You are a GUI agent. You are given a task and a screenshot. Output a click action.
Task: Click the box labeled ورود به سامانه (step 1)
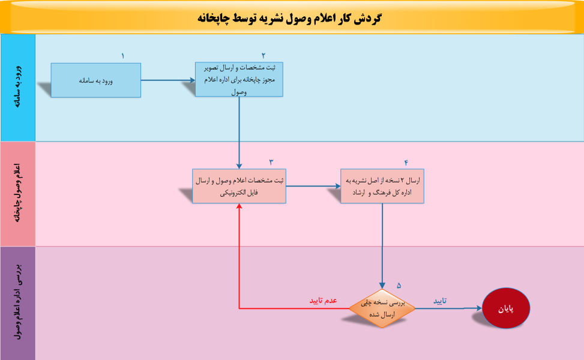tap(95, 80)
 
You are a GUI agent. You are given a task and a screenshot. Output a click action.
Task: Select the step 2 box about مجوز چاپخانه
tap(239, 79)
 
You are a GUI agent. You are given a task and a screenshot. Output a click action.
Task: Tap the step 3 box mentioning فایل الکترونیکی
tap(239, 186)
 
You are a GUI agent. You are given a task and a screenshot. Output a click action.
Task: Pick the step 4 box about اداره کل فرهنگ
tap(382, 186)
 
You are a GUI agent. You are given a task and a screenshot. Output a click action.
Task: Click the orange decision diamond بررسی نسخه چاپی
tap(382, 308)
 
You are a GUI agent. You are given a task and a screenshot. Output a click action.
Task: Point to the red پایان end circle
tap(506, 308)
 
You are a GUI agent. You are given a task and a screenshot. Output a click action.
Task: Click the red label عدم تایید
tap(323, 301)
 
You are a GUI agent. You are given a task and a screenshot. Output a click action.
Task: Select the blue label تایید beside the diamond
tap(440, 301)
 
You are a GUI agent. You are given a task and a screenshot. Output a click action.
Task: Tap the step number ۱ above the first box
tap(122, 56)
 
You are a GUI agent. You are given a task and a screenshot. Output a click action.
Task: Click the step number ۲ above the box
tap(263, 55)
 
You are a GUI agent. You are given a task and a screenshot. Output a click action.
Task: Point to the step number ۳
tap(271, 162)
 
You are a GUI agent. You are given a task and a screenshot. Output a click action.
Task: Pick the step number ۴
tap(406, 163)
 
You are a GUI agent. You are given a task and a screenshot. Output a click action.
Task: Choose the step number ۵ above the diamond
tap(399, 285)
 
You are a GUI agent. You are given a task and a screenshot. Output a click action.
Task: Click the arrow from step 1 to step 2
tap(168, 80)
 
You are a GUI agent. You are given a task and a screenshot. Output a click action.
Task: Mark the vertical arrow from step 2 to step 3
tap(239, 133)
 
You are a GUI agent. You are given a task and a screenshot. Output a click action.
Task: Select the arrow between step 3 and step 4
tap(313, 186)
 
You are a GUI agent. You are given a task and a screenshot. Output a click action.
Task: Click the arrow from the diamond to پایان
tap(448, 308)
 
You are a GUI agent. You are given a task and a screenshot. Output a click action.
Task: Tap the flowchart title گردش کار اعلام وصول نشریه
tap(289, 18)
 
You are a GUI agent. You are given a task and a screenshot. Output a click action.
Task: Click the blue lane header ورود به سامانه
tap(18, 87)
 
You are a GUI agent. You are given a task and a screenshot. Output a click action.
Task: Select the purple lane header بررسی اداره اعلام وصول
tap(18, 302)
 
